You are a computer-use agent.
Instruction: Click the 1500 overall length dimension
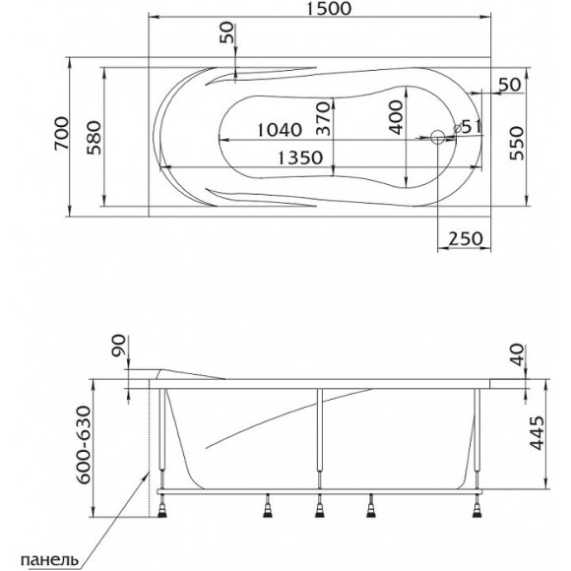pyautogui.click(x=329, y=8)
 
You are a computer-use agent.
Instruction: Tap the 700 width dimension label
pyautogui.click(x=61, y=133)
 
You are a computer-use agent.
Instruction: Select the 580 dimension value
pyautogui.click(x=94, y=138)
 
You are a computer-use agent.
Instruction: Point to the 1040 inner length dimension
pyautogui.click(x=280, y=130)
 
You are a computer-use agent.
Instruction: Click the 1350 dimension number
pyautogui.click(x=300, y=158)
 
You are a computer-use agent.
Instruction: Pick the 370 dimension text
pyautogui.click(x=323, y=118)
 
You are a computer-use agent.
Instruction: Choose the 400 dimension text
pyautogui.click(x=396, y=117)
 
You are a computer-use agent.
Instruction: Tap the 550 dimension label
pyautogui.click(x=517, y=143)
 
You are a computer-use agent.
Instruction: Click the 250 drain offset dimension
pyautogui.click(x=465, y=239)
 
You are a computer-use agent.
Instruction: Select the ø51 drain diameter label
pyautogui.click(x=468, y=127)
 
